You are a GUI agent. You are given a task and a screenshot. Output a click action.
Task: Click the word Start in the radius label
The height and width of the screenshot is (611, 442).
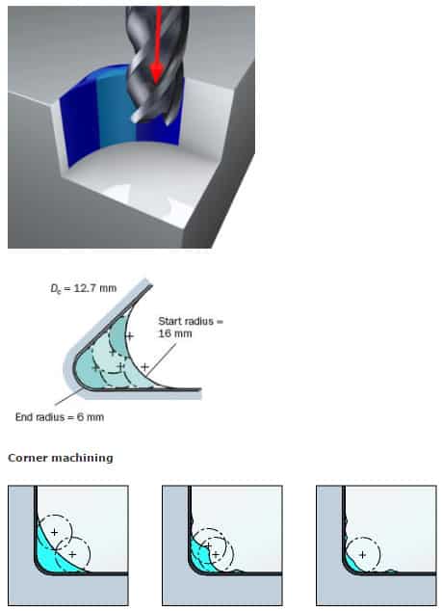pyautogui.click(x=172, y=321)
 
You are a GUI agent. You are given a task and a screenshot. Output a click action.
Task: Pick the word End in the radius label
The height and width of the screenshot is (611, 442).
pyautogui.click(x=26, y=416)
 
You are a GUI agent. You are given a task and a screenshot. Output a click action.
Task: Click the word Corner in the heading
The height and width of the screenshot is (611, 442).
pyautogui.click(x=30, y=458)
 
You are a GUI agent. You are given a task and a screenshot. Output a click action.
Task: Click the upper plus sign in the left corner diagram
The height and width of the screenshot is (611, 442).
pyautogui.click(x=55, y=532)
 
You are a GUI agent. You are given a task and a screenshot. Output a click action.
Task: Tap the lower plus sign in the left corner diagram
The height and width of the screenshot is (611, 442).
pyautogui.click(x=72, y=555)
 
